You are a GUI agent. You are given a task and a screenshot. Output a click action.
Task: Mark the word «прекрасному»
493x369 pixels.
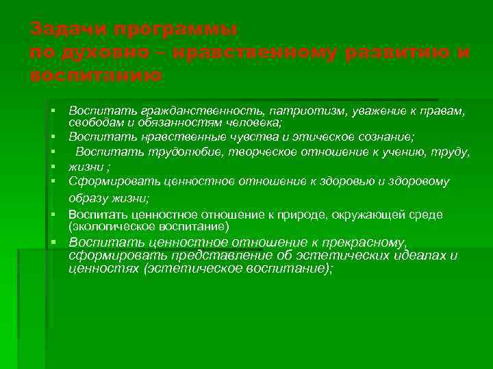click(x=360, y=243)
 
